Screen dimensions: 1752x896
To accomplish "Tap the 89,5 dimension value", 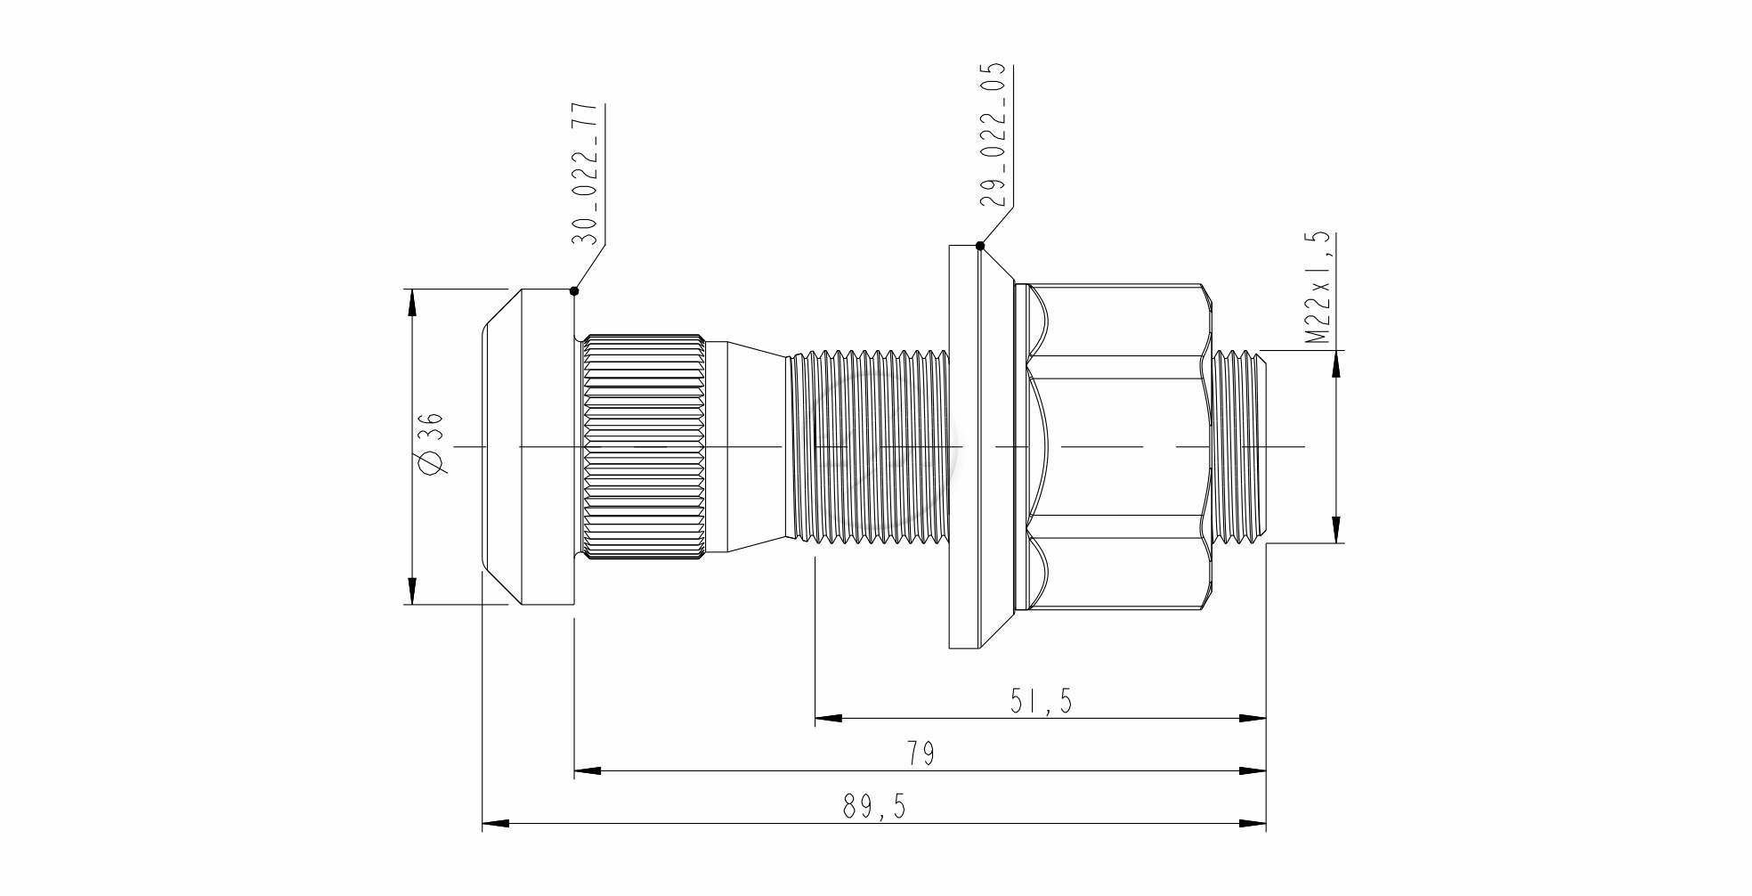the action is pyautogui.click(x=873, y=808).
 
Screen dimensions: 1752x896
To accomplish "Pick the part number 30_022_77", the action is pyautogui.click(x=583, y=174).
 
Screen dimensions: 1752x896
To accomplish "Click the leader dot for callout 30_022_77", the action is pyautogui.click(x=574, y=290).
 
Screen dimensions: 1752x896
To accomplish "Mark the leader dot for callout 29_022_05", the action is pyautogui.click(x=980, y=246).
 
